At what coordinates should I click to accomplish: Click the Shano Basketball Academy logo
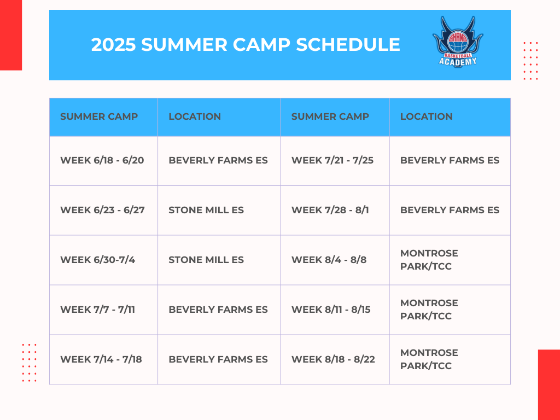click(458, 42)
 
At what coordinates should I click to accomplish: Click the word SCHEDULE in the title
click(348, 45)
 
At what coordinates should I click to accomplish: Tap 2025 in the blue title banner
click(113, 45)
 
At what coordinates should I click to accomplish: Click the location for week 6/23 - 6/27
click(206, 210)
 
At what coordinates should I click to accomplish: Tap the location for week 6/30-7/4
click(206, 260)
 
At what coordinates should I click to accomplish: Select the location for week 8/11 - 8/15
click(429, 310)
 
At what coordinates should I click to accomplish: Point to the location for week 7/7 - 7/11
click(218, 310)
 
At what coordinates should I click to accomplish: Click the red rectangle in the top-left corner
click(11, 35)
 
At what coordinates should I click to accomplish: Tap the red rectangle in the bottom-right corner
click(549, 384)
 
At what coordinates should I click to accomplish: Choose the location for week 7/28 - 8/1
click(450, 210)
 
